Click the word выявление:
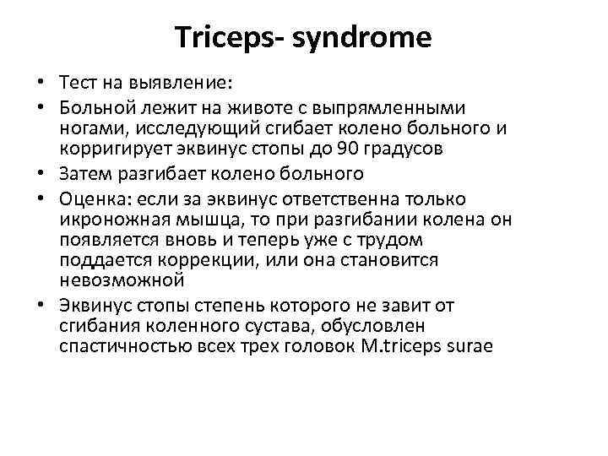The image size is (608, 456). [x=187, y=84]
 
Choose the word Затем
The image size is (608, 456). [x=85, y=174]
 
